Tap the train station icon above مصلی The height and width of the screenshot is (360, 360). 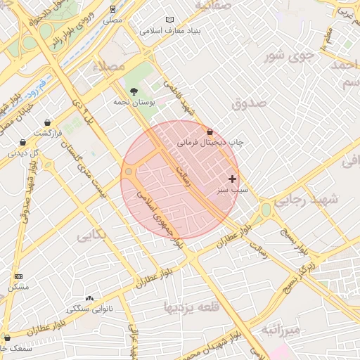pos(113,9)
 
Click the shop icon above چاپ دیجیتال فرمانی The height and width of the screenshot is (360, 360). pos(210,131)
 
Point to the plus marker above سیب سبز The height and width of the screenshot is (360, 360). pos(232,179)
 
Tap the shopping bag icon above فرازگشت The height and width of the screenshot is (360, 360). pos(47,122)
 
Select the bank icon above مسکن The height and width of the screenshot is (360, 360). pos(18,276)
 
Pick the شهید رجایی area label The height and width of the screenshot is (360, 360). pos(306,200)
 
